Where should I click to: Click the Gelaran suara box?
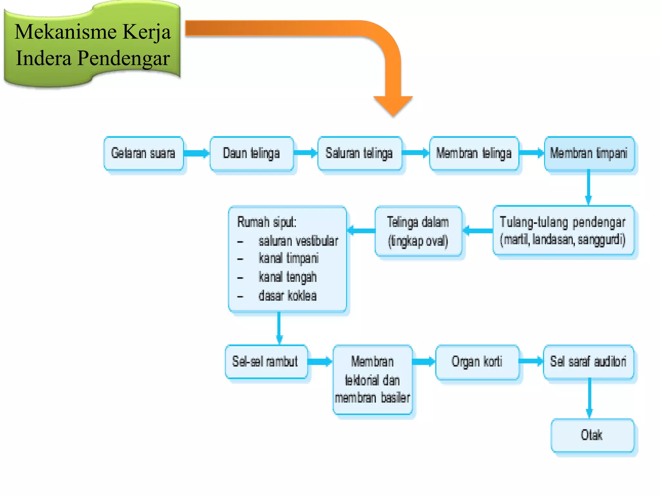point(143,153)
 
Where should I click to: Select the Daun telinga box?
point(251,153)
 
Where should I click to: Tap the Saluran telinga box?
point(359,153)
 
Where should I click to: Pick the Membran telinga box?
point(474,153)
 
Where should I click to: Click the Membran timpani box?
point(589,153)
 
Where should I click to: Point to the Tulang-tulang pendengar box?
point(563,231)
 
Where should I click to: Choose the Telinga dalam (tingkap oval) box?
point(418,231)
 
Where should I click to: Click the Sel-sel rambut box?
point(266,362)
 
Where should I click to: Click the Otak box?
point(592,435)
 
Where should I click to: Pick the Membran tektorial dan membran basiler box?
point(373,380)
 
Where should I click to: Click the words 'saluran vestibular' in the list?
point(298,241)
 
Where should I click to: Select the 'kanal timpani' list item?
point(288,258)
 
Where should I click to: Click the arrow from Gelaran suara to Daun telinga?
point(197,153)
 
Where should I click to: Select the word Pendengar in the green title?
point(123,59)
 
